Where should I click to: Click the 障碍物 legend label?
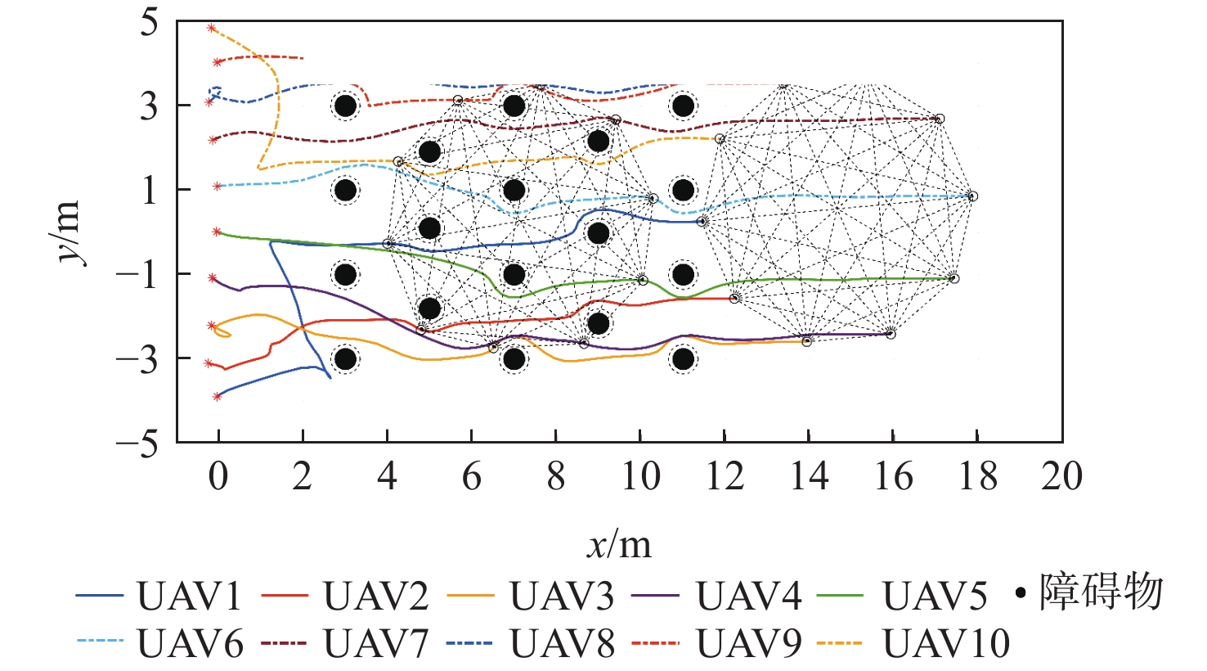[x=1101, y=592]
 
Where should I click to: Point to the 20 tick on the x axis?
[x=1061, y=476]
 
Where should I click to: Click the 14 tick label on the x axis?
[x=809, y=476]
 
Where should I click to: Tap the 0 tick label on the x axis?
[x=218, y=476]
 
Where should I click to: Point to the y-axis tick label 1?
[x=149, y=190]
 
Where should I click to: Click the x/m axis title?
[x=619, y=543]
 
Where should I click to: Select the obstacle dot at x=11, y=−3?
[x=683, y=358]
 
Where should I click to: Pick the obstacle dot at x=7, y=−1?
[x=514, y=274]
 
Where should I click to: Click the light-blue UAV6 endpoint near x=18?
[x=971, y=196]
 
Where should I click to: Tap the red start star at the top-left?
[x=211, y=28]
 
